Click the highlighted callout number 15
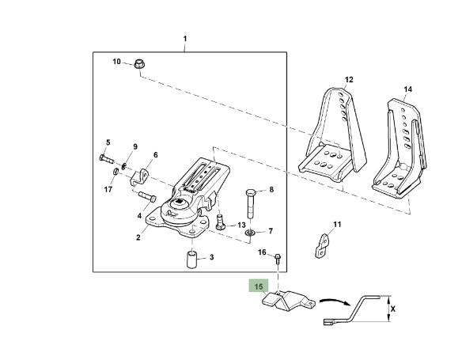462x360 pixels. pyautogui.click(x=259, y=286)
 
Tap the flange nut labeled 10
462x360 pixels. pyautogui.click(x=138, y=63)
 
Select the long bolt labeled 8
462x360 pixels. pyautogui.click(x=251, y=203)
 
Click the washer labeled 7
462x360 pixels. pyautogui.click(x=251, y=233)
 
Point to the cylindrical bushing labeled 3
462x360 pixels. pyautogui.click(x=192, y=260)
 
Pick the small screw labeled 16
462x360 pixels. pyautogui.click(x=278, y=259)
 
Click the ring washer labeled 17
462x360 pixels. pyautogui.click(x=116, y=171)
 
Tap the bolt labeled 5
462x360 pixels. pyautogui.click(x=106, y=159)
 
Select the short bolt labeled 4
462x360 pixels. pyautogui.click(x=147, y=196)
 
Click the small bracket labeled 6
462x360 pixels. pyautogui.click(x=139, y=177)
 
